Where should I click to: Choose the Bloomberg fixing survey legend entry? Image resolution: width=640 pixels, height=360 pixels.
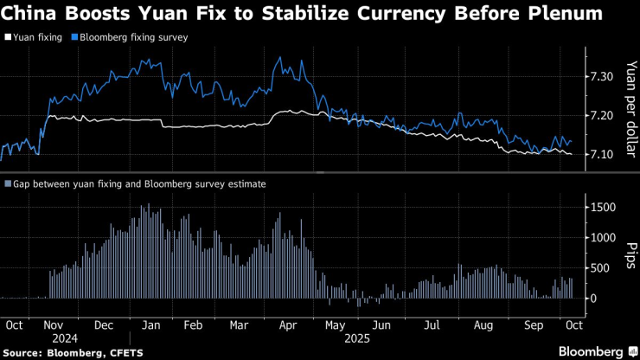click(x=132, y=38)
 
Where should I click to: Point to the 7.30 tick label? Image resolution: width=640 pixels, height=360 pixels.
click(x=599, y=77)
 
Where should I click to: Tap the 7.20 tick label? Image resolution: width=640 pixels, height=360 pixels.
click(x=599, y=115)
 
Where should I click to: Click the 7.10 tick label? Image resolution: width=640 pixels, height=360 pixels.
click(x=599, y=154)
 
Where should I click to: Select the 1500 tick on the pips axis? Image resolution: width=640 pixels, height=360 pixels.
click(x=602, y=207)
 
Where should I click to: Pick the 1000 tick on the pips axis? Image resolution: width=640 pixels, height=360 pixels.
click(x=602, y=237)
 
